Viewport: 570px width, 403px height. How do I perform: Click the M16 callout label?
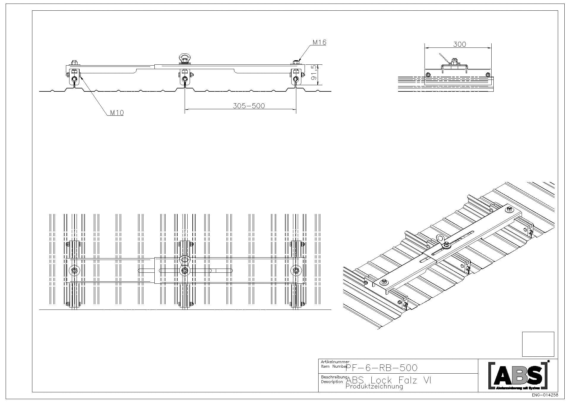point(319,42)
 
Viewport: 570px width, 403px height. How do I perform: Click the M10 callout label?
point(117,112)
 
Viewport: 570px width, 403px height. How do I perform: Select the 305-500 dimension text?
point(248,106)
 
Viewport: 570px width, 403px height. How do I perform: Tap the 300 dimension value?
point(460,44)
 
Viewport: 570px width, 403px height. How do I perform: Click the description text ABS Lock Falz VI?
point(389,380)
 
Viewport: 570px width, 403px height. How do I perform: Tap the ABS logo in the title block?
point(518,375)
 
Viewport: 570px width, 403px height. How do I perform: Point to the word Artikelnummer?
point(335,362)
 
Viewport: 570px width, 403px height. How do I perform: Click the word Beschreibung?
point(334,377)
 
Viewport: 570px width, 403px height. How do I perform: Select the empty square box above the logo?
point(538,344)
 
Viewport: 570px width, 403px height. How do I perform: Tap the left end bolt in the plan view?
point(75,270)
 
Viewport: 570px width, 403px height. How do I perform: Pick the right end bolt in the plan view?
point(296,270)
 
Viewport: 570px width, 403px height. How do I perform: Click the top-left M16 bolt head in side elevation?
point(74,63)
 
